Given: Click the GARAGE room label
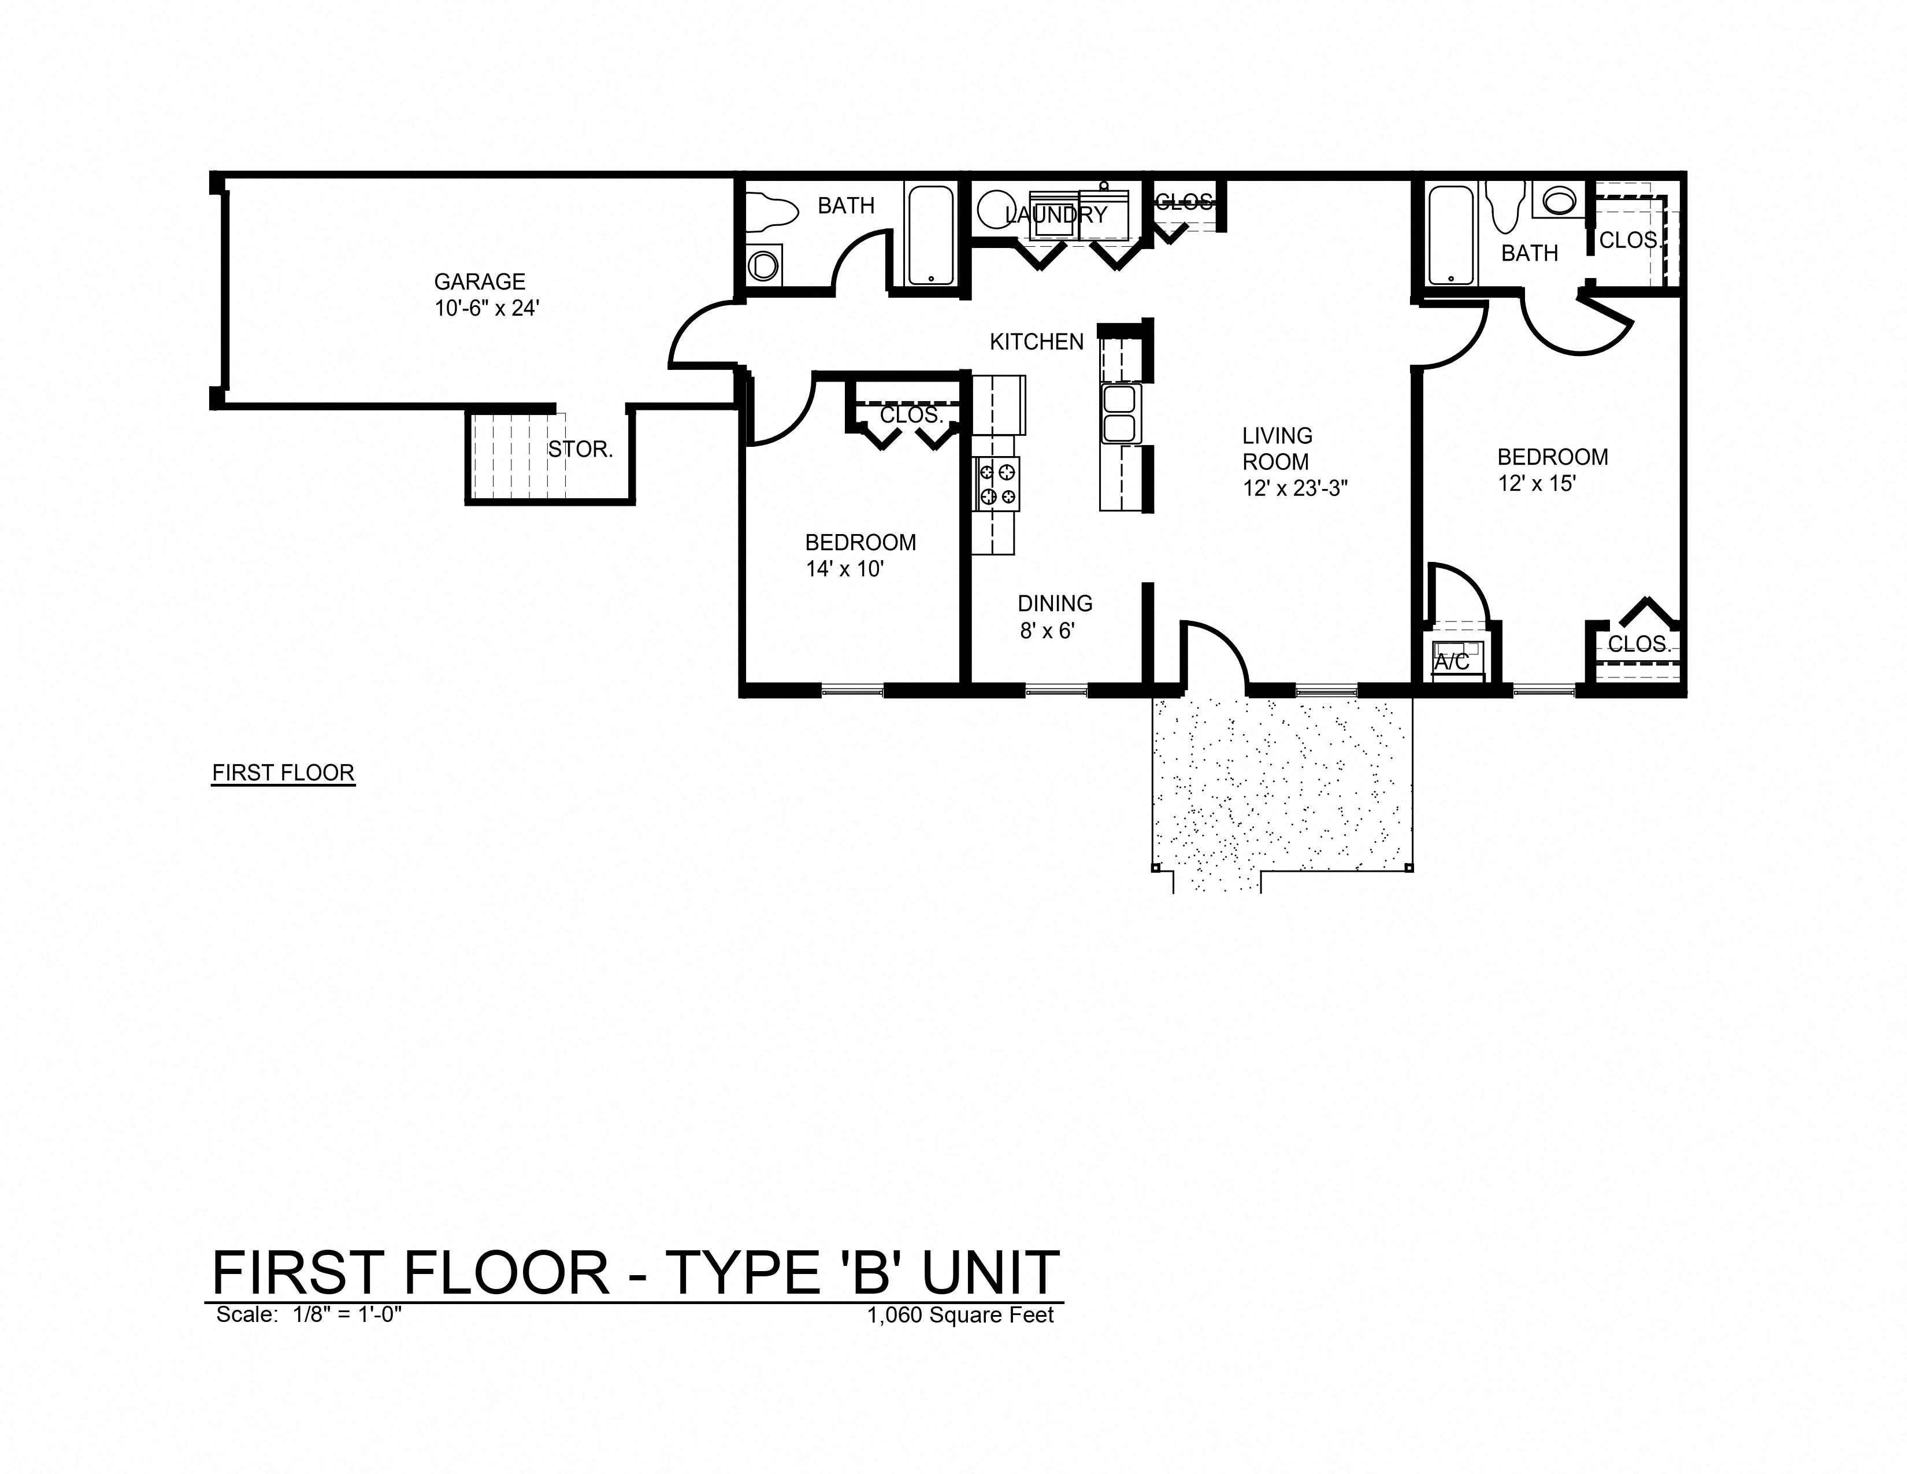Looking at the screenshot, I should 480,282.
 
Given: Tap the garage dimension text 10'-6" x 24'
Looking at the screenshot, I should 487,308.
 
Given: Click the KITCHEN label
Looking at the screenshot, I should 1037,342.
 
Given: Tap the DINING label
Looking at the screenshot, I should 1055,603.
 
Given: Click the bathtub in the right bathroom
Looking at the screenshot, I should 1451,234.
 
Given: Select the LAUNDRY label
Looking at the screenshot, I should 1056,215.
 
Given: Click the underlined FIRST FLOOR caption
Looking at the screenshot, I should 283,773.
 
